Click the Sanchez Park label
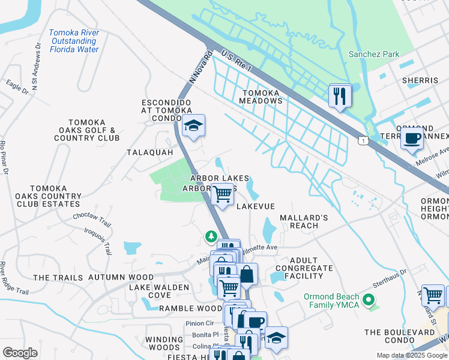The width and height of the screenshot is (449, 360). point(374,55)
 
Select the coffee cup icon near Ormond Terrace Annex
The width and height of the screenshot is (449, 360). point(412,139)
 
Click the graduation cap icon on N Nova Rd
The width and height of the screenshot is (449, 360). point(193,126)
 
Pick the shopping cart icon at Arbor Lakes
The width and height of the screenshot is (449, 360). point(223,194)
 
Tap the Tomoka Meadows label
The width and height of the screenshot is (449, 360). point(262,97)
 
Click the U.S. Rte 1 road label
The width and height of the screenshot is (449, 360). point(236,62)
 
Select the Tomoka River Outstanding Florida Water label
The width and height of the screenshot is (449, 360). point(74,41)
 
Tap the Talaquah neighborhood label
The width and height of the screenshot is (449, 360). point(149,152)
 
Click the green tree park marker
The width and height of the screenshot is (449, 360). point(211,236)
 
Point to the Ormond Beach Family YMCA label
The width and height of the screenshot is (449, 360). point(331,301)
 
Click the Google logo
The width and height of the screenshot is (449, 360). point(20,352)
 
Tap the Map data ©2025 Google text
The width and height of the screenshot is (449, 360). point(412,355)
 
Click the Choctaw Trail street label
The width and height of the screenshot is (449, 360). point(92,217)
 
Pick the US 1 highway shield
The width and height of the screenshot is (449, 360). point(363,140)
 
